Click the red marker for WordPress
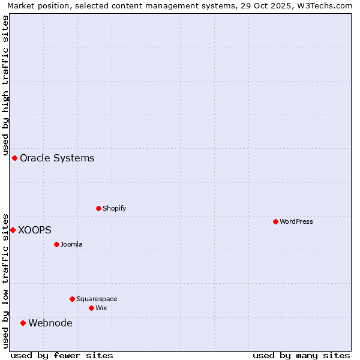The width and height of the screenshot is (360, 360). click(275, 221)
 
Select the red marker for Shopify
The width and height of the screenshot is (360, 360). click(99, 208)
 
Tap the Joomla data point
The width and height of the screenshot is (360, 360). click(56, 244)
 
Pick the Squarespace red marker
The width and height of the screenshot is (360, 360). click(72, 299)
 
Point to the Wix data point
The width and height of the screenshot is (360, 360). click(91, 308)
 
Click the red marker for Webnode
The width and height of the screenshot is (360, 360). click(23, 323)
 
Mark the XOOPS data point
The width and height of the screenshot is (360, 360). click(13, 230)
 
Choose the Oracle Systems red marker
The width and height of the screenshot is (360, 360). click(14, 158)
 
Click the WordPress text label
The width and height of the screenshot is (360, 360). click(296, 221)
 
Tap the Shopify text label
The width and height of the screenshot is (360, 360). click(114, 208)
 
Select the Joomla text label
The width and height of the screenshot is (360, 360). click(71, 244)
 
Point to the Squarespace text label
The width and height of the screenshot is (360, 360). click(97, 299)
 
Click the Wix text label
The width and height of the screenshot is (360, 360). click(101, 308)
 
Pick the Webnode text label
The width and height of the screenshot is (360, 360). click(50, 323)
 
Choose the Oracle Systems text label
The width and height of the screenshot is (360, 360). click(57, 158)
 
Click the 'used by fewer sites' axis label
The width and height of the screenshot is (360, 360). click(62, 355)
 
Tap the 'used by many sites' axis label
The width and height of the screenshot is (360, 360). click(301, 355)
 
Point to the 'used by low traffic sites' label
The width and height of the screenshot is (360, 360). click(5, 280)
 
